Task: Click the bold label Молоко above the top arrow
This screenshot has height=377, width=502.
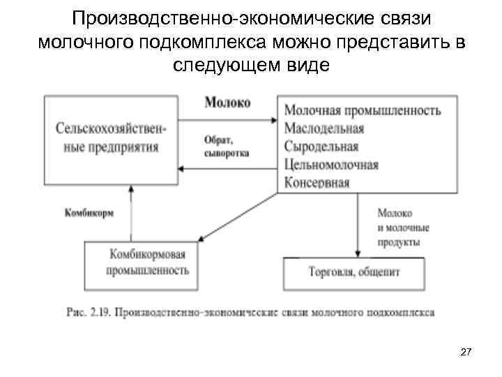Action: [227, 102]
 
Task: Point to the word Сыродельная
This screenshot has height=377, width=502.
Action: [321, 147]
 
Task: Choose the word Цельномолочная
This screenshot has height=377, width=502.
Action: [331, 165]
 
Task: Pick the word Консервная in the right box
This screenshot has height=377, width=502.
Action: [317, 183]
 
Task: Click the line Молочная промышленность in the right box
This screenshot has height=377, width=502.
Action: [363, 110]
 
